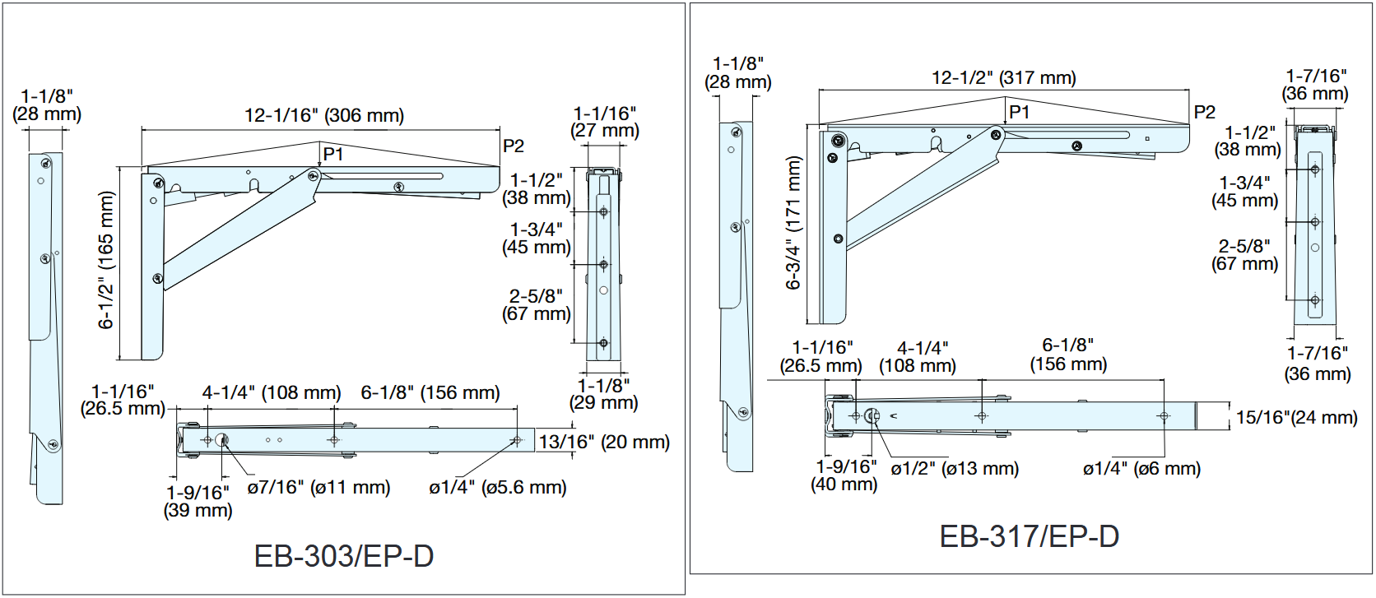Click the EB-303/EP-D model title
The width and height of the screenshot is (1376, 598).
tap(344, 556)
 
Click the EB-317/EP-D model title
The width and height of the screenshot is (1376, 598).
tap(1029, 536)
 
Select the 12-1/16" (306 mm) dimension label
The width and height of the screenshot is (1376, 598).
tap(324, 115)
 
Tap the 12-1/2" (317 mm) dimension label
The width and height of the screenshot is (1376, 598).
tap(1003, 78)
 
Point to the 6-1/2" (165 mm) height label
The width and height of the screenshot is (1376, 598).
tap(106, 260)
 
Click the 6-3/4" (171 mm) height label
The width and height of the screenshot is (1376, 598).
tap(793, 222)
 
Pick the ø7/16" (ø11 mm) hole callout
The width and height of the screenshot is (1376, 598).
tap(318, 487)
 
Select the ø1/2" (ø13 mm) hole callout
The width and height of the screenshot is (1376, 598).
tap(955, 468)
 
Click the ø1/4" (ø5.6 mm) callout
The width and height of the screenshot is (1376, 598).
tap(497, 487)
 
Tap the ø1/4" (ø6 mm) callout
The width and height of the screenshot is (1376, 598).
tap(1141, 468)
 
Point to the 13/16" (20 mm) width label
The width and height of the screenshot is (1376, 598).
tap(604, 442)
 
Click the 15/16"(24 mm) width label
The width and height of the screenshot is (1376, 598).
tap(1296, 417)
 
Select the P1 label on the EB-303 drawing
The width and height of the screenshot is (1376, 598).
tap(333, 154)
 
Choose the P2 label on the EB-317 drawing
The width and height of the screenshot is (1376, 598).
tap(1204, 112)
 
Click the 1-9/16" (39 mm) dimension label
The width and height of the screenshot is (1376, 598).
tap(198, 501)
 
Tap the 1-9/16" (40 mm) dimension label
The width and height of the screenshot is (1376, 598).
tap(845, 475)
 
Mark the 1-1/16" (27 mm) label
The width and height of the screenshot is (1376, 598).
tap(605, 122)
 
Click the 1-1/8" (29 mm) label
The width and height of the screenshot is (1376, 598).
tap(603, 394)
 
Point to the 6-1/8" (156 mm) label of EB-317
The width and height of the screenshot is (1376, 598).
tap(1068, 355)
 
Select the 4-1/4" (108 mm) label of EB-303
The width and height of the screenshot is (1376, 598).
tap(272, 392)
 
